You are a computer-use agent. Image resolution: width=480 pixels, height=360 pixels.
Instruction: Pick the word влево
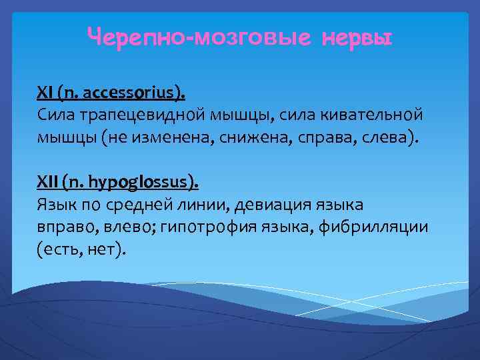(x=129, y=227)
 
